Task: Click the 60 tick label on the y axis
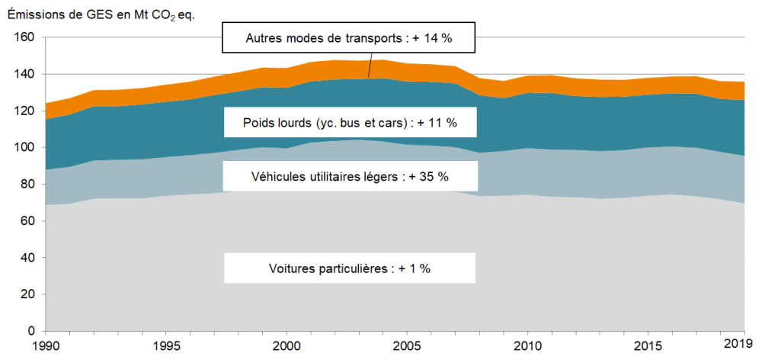click(x=28, y=221)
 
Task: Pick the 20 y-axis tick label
click(x=28, y=294)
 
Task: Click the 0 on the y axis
click(x=31, y=331)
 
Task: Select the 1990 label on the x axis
click(x=46, y=346)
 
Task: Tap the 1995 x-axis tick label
click(x=166, y=346)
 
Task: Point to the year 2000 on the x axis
click(x=287, y=346)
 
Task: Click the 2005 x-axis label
click(x=407, y=346)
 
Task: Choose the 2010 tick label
click(x=527, y=346)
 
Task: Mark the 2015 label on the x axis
click(x=648, y=346)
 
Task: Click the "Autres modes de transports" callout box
click(x=349, y=37)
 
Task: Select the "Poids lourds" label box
click(x=349, y=121)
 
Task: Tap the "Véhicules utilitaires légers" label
click(x=349, y=176)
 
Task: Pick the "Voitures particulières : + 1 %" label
click(x=349, y=268)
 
